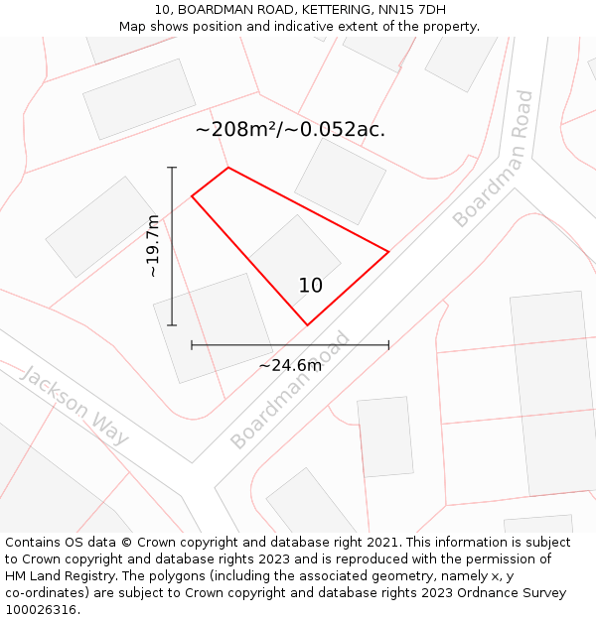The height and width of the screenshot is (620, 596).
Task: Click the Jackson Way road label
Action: click(74, 406)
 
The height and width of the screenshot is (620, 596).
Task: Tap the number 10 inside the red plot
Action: click(310, 286)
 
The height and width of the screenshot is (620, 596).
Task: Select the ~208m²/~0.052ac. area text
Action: click(290, 130)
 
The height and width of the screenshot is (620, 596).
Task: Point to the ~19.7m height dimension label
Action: click(153, 246)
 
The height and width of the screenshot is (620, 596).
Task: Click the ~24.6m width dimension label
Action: click(290, 366)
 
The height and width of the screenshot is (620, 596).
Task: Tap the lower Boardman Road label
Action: click(290, 390)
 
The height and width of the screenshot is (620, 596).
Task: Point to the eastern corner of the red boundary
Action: click(388, 252)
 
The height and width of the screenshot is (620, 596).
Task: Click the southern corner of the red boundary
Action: click(307, 324)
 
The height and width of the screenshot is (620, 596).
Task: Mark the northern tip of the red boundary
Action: click(228, 167)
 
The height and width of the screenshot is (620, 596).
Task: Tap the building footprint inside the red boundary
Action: click(294, 256)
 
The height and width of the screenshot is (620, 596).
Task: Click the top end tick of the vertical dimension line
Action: click(172, 168)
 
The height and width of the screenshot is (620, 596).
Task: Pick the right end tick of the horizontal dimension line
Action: click(388, 345)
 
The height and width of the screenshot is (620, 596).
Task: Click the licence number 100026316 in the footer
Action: click(43, 609)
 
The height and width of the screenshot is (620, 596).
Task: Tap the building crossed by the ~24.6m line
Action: click(213, 327)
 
